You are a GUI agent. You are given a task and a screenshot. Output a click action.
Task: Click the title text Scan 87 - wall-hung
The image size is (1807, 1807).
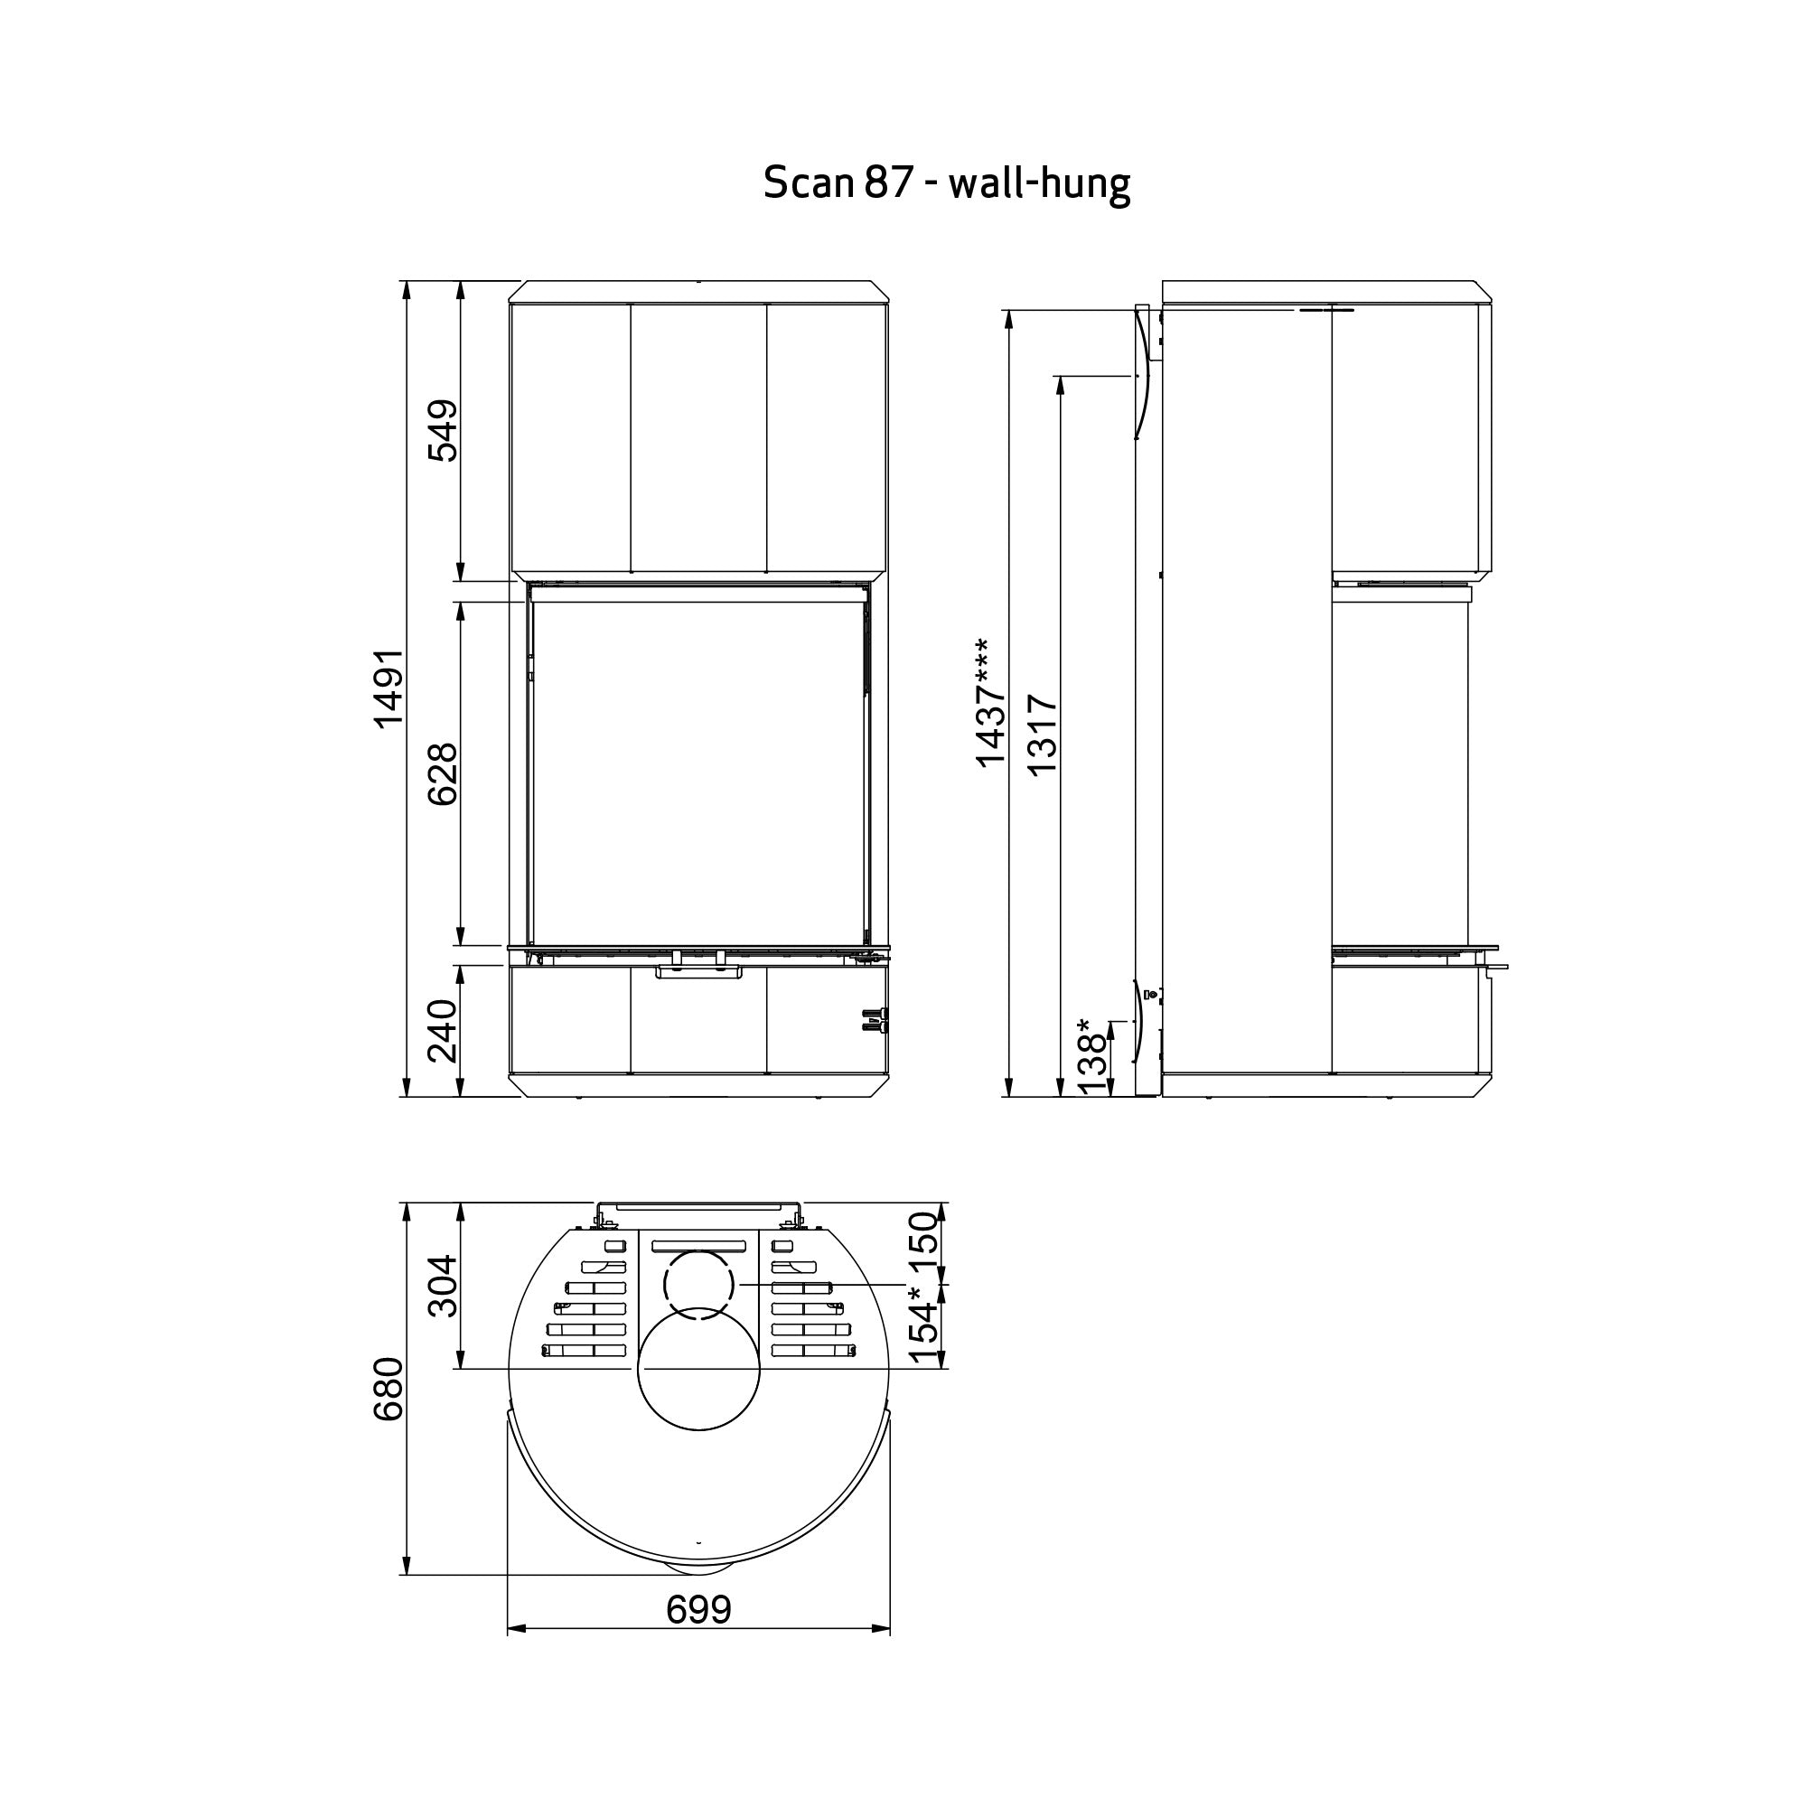[947, 183]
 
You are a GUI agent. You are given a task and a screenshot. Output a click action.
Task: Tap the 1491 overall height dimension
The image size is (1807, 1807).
[389, 688]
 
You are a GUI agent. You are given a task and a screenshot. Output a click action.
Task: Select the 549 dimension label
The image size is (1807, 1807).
[444, 430]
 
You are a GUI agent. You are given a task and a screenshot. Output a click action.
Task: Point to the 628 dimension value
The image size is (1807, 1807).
[444, 774]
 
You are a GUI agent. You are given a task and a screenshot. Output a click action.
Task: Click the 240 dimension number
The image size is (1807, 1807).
[444, 1031]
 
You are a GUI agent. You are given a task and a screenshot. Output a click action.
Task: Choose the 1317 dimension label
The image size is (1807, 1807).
[1043, 735]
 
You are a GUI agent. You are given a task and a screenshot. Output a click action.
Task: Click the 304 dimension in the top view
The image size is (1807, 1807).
[444, 1286]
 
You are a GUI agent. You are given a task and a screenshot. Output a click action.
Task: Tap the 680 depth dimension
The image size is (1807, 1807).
[389, 1390]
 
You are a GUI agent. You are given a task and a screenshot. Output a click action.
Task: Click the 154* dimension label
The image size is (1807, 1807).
[924, 1325]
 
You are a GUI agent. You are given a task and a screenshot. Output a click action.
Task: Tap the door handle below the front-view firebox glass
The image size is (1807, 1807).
[698, 973]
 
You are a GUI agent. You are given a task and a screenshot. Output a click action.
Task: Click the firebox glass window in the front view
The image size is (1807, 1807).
[698, 772]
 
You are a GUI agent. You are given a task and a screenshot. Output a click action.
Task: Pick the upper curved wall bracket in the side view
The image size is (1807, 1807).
[1143, 374]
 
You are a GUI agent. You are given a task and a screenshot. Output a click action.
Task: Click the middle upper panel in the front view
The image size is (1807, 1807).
[698, 437]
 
